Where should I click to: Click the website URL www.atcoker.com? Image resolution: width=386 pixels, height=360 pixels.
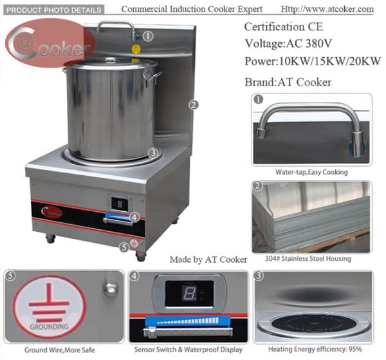click(x=328, y=10)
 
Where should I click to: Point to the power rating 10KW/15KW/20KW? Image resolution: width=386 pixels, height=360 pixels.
click(x=313, y=62)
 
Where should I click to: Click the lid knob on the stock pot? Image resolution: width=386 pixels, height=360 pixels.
click(x=111, y=59)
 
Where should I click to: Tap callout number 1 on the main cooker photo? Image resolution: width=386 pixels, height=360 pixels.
click(x=149, y=36)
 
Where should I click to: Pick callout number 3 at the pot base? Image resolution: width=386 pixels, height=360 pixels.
click(x=152, y=153)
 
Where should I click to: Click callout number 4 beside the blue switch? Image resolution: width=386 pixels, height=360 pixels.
click(x=134, y=216)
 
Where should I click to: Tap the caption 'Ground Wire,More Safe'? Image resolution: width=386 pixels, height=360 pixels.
click(x=62, y=350)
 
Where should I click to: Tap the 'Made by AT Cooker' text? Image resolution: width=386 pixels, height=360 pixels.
click(x=208, y=259)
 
